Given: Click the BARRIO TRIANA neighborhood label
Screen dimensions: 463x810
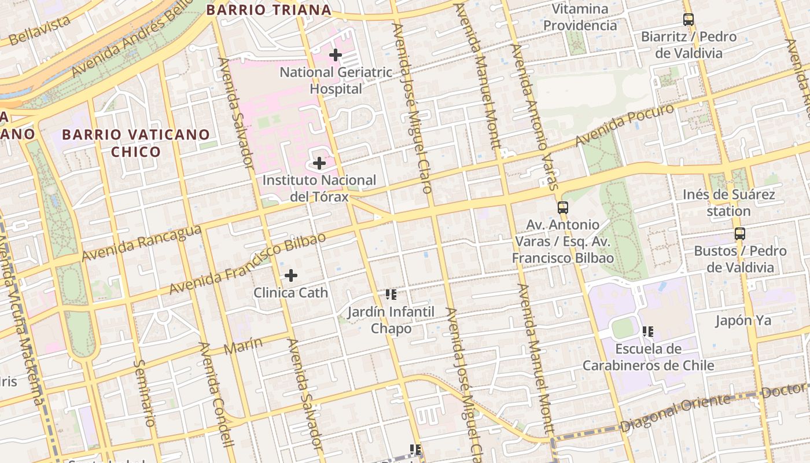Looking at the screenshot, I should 269,10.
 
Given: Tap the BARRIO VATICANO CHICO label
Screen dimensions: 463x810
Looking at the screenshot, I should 136,143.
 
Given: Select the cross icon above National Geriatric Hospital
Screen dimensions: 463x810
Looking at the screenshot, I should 335,55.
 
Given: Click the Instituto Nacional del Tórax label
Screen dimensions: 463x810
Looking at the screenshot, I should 319,188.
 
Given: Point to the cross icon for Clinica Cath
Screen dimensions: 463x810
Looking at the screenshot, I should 291,275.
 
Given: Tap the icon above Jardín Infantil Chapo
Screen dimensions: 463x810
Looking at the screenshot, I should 391,295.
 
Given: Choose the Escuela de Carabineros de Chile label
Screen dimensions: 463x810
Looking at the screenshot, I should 648,357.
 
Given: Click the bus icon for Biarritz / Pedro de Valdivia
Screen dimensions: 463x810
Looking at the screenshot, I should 688,20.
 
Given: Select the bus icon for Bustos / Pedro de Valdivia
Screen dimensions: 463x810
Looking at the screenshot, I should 739,234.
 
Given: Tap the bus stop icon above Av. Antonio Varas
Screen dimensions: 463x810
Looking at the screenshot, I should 562,207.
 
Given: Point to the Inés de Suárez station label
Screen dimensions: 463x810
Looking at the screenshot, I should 728,203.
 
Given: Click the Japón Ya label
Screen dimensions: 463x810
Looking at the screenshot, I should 743,320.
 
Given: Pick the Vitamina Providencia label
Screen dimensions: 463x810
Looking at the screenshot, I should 580,17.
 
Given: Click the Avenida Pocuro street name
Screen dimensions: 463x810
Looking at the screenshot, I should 625,124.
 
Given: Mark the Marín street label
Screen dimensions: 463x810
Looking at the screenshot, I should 242,346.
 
